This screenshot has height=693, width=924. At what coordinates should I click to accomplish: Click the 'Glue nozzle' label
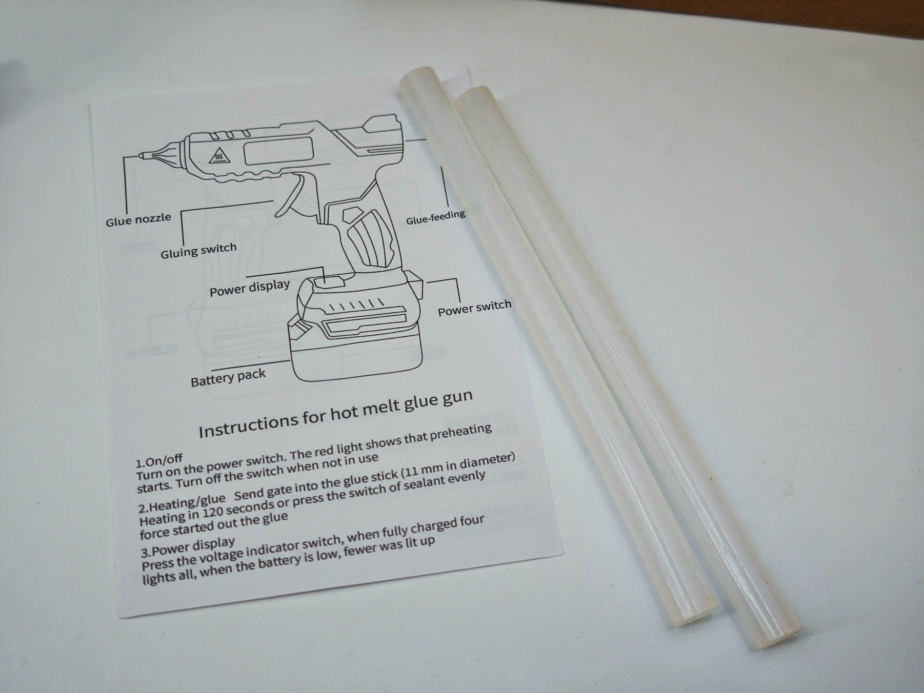pyautogui.click(x=138, y=220)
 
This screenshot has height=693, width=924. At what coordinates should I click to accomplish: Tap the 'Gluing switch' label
pyautogui.click(x=198, y=251)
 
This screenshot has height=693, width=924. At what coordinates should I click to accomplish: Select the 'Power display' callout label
pyautogui.click(x=250, y=288)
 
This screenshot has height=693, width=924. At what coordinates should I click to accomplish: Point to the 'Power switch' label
pyautogui.click(x=475, y=308)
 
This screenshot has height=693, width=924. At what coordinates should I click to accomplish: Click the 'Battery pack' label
pyautogui.click(x=228, y=378)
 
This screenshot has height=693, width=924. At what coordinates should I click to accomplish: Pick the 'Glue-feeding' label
pyautogui.click(x=436, y=217)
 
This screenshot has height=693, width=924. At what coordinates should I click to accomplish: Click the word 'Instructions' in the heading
pyautogui.click(x=249, y=424)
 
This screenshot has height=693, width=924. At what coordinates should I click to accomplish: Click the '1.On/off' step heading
pyautogui.click(x=159, y=460)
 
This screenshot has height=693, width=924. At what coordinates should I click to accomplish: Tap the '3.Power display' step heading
pyautogui.click(x=188, y=547)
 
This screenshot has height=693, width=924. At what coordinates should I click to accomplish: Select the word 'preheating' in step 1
pyautogui.click(x=460, y=434)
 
